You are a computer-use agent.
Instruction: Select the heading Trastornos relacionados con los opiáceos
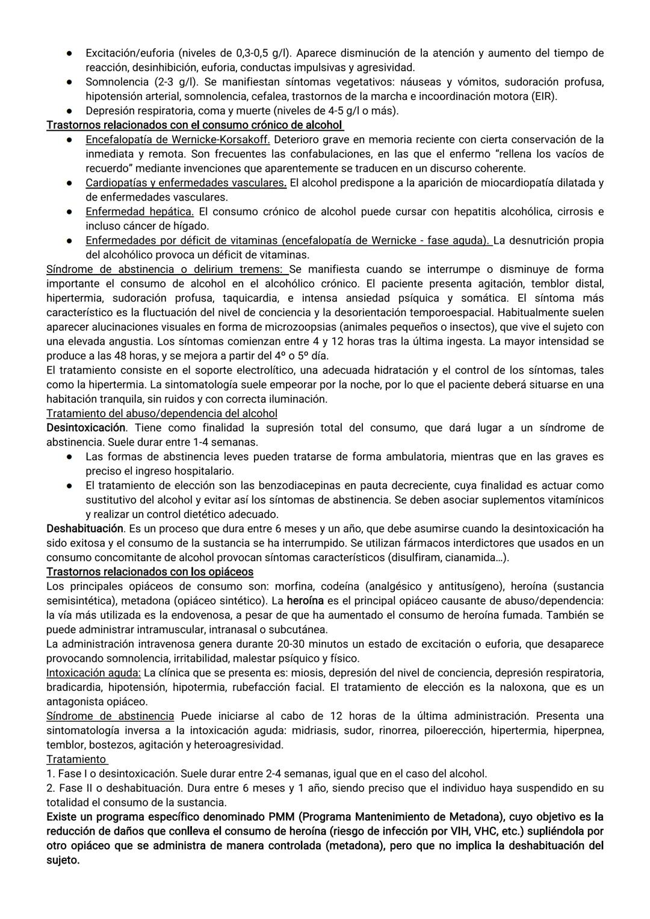[149, 572]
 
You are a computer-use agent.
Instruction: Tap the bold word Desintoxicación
[86, 428]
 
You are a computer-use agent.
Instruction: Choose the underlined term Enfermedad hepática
[139, 212]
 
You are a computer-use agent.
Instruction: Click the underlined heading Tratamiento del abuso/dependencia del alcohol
[161, 413]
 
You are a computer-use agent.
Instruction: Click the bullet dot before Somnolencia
[70, 82]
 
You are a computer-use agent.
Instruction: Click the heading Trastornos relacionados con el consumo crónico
[194, 125]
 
